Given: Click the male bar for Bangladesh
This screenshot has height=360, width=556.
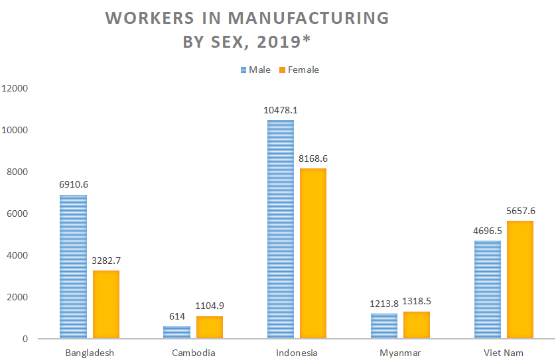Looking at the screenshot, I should (73, 267).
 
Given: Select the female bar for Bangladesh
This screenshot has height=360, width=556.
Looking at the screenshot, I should (106, 304).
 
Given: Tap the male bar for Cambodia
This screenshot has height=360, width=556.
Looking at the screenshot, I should (176, 332).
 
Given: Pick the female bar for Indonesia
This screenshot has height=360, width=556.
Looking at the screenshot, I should (313, 253).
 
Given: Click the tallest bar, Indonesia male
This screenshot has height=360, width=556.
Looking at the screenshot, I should (280, 229).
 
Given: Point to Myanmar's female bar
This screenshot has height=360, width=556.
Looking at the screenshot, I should (417, 325).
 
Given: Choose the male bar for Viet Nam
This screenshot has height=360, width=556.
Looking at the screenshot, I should (488, 290).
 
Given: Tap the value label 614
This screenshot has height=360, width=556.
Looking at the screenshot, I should (177, 317).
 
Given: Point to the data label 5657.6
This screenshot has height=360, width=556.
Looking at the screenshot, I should (521, 211).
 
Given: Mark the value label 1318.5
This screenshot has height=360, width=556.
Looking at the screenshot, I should (417, 302).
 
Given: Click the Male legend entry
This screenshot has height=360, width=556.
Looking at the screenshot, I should (255, 70).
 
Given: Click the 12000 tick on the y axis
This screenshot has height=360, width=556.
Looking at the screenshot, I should (15, 88).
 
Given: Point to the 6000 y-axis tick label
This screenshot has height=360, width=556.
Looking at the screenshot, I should (17, 213).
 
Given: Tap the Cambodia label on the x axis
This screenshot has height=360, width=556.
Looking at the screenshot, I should (194, 353).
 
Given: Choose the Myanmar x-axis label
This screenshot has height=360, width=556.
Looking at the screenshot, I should (400, 353).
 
